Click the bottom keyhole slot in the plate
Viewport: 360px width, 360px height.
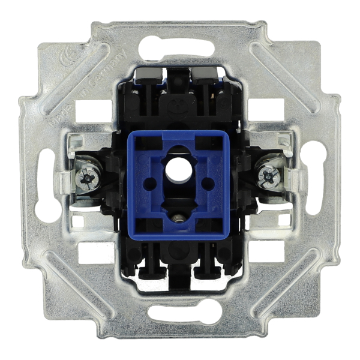[178, 313]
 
